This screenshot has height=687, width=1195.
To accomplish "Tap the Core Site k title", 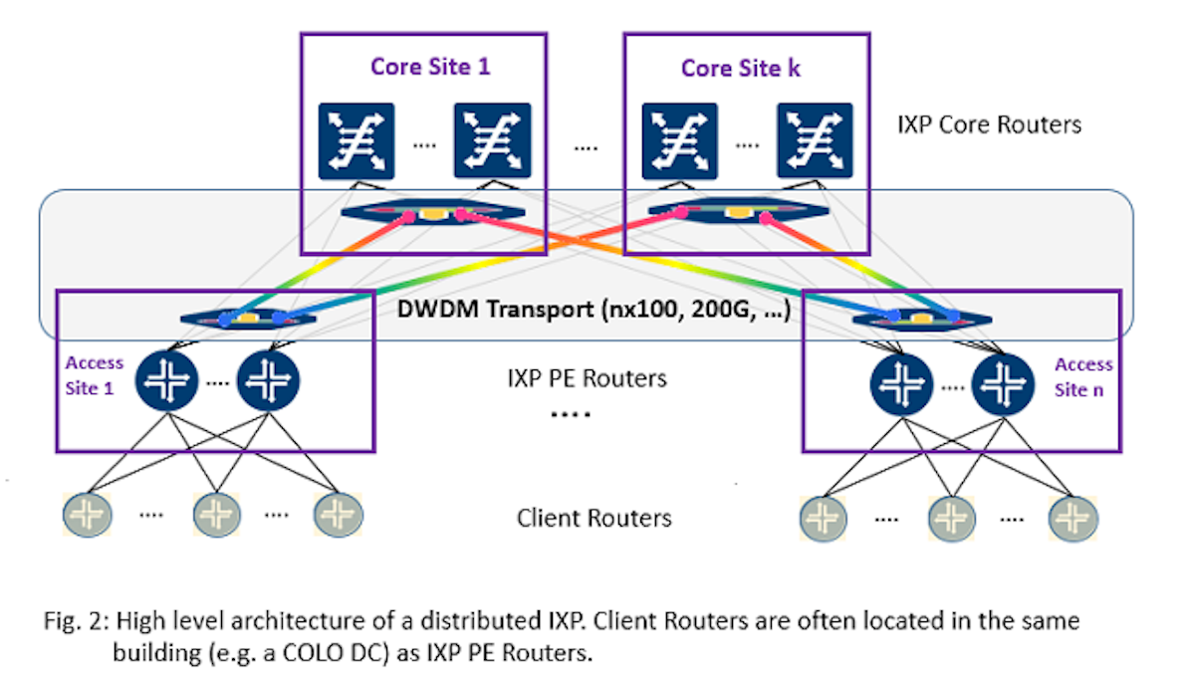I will coord(740,68).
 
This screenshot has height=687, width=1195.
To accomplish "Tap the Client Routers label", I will coord(594,518).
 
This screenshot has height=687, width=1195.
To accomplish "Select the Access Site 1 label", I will coord(95,375).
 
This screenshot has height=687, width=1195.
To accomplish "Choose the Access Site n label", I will coord(1083,377).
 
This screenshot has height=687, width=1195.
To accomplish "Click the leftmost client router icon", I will coord(87,515).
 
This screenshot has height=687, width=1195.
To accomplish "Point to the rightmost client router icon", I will coord(1073,517).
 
